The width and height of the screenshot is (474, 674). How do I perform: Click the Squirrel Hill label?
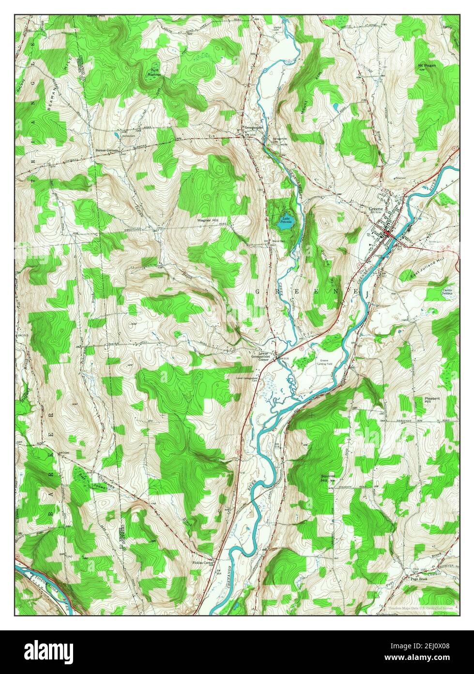coord(328,478)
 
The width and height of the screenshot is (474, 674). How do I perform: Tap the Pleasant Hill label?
coord(432,400)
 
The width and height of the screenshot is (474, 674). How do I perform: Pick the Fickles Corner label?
coord(203,562)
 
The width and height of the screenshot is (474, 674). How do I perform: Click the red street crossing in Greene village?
coord(389,235)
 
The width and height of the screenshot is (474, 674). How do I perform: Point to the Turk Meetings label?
coord(153,71)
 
